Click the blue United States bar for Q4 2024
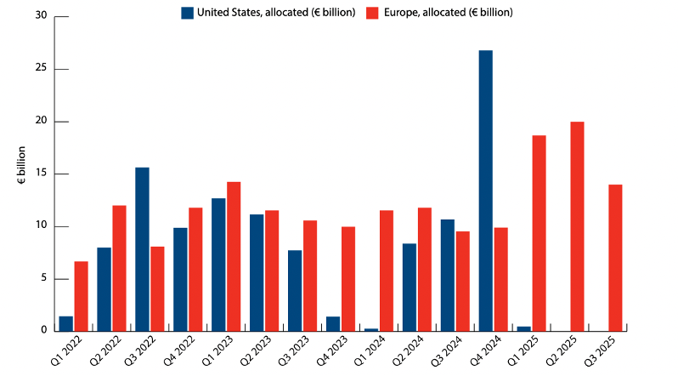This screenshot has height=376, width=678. point(485,191)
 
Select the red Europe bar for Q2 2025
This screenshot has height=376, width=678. point(577,226)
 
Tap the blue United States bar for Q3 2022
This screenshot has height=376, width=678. point(142,249)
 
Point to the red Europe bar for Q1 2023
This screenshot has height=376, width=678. point(234,256)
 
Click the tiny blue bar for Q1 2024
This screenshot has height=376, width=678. point(370,329)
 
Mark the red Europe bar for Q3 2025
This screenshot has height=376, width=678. point(615,258)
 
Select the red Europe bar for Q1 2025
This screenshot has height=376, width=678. point(539,233)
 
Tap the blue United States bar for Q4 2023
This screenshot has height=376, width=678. point(332,323)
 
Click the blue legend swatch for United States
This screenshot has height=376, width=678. point(187,13)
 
